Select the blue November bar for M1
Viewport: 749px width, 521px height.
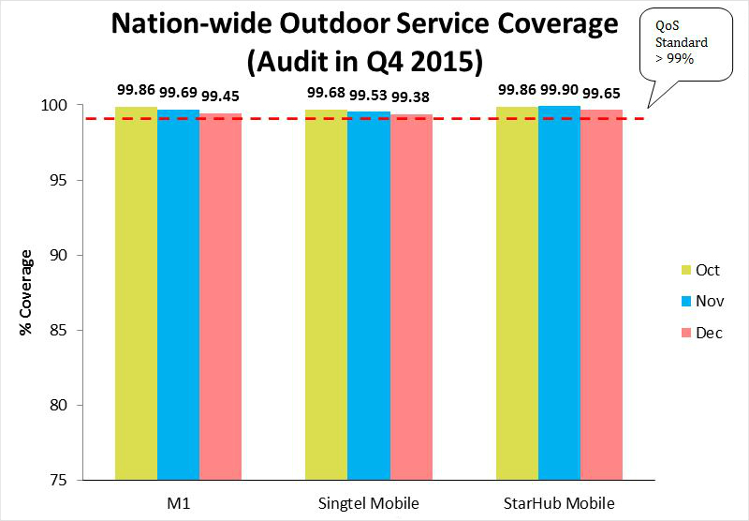tap(178, 294)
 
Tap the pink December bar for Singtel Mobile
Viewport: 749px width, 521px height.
tap(411, 296)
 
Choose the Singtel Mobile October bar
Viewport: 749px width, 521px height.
tap(326, 294)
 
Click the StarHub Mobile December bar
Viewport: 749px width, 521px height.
tap(601, 294)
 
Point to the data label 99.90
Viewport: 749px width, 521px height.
tap(559, 90)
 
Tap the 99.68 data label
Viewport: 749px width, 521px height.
tap(325, 90)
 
